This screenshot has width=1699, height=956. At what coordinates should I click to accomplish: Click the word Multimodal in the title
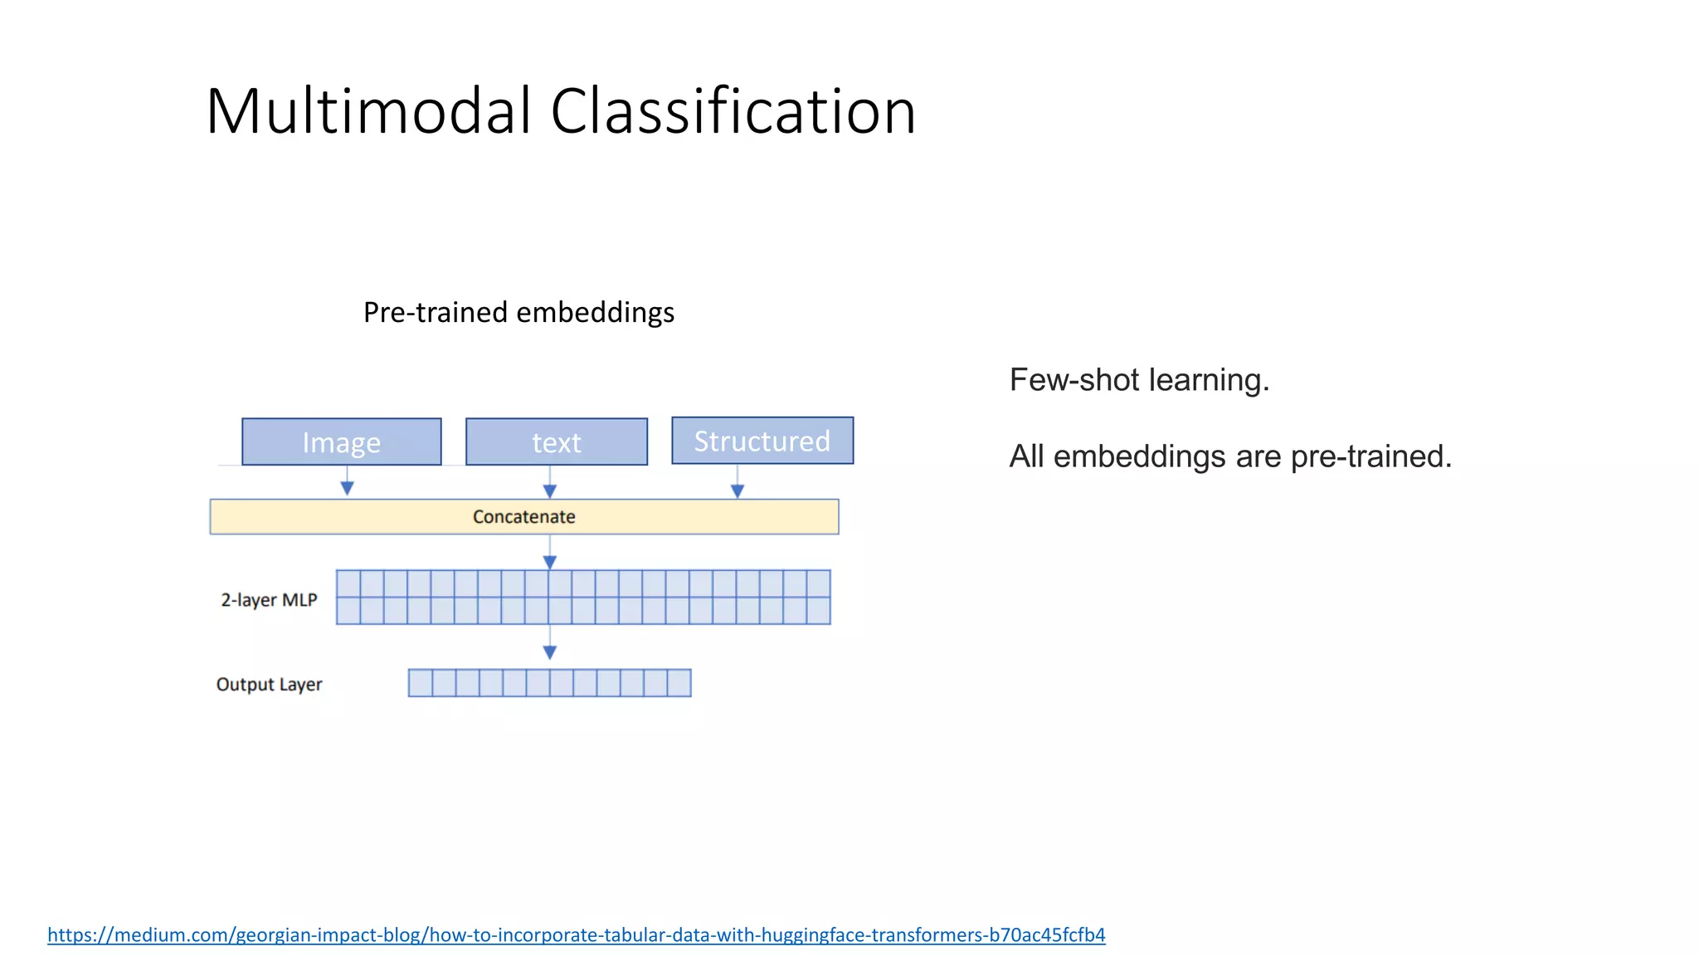[x=368, y=111]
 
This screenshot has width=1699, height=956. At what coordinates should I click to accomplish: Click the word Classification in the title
[x=733, y=111]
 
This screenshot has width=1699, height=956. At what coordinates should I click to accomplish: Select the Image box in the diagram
[x=341, y=441]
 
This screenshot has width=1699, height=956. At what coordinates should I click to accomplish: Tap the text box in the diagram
[x=556, y=441]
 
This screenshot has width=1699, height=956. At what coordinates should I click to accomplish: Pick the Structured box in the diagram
[x=762, y=441]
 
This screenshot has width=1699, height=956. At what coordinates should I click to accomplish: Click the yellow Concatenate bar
[x=523, y=516]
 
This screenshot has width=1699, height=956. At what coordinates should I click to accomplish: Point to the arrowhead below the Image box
[x=348, y=488]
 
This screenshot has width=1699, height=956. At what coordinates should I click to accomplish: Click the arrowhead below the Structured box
[x=738, y=490]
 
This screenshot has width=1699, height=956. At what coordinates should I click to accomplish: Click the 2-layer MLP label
[x=269, y=599]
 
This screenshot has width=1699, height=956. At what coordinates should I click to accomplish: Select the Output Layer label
[x=269, y=684]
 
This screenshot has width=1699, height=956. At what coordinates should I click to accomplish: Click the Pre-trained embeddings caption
[x=518, y=312]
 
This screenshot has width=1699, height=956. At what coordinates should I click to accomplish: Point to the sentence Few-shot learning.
[x=1139, y=380]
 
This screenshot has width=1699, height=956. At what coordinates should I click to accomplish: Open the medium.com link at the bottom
[x=576, y=934]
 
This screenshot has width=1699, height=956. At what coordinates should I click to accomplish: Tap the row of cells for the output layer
[x=549, y=683]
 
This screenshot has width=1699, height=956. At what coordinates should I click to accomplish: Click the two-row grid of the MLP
[x=583, y=597]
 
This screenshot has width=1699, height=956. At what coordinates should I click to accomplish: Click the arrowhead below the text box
[x=549, y=490]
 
